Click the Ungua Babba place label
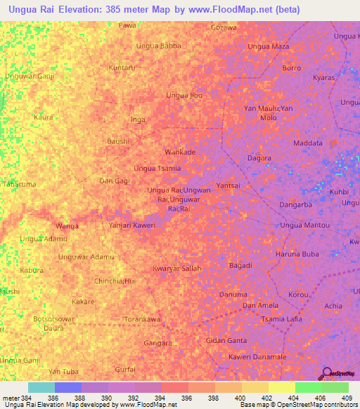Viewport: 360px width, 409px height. (x=158, y=46)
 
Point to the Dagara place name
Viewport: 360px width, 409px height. (x=259, y=158)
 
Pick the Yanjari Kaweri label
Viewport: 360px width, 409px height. (x=131, y=225)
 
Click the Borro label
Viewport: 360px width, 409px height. (x=291, y=68)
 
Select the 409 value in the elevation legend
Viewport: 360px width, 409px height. (x=345, y=398)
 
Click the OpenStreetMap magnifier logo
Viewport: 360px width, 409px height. (x=326, y=375)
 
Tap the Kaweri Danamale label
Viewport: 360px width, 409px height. (x=257, y=357)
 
